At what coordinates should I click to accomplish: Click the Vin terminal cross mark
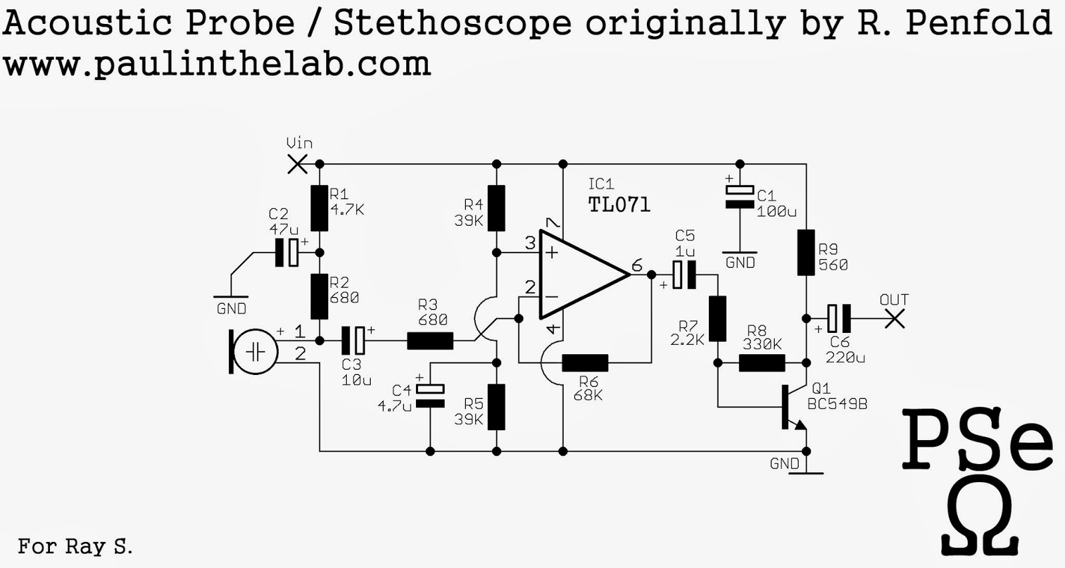[298, 164]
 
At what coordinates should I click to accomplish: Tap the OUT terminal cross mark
[895, 318]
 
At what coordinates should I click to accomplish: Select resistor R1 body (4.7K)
[319, 208]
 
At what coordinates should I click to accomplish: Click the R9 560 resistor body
[806, 252]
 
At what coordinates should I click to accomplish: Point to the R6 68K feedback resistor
[585, 363]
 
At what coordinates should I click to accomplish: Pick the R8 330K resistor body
[761, 363]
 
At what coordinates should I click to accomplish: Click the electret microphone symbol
[254, 352]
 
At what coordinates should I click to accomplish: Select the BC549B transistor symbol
[794, 408]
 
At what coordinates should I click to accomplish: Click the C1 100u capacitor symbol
[740, 197]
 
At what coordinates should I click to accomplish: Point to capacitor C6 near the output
[839, 318]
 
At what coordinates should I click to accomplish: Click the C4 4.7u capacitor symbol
[430, 396]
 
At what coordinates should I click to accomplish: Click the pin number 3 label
[530, 242]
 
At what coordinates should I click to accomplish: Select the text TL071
[619, 204]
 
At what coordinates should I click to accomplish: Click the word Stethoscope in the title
[452, 23]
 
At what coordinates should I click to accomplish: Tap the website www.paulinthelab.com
[217, 63]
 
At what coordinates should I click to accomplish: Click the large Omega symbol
[980, 521]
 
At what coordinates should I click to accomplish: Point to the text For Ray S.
[75, 546]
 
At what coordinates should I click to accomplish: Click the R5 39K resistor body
[497, 408]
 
